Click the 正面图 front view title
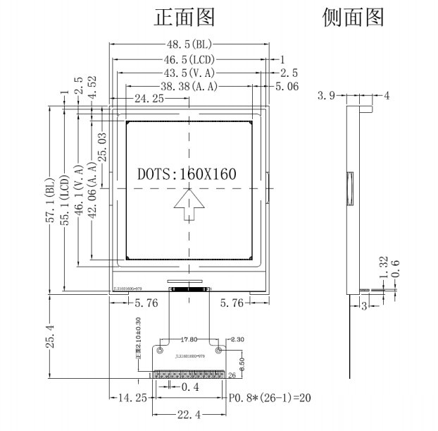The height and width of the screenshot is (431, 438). click(184, 17)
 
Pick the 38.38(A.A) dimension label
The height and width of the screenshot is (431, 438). click(189, 86)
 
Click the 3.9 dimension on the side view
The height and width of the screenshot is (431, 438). click(326, 95)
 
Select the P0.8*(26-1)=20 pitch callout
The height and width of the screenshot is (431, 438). click(270, 398)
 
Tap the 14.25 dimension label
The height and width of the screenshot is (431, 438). click(132, 398)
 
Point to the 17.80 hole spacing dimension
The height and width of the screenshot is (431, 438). click(189, 339)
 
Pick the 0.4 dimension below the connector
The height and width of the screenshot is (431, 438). click(189, 387)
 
